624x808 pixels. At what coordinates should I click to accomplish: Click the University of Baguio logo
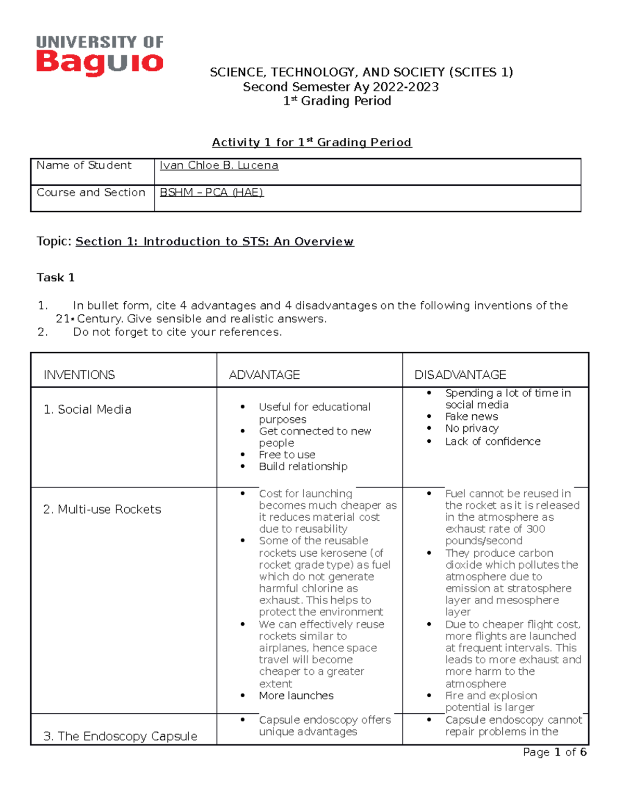[x=99, y=55]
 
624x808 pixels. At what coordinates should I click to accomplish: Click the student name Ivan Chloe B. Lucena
[x=218, y=165]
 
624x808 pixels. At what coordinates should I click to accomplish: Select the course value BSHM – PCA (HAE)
[x=211, y=193]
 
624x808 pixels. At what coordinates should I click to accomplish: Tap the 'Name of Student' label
[x=84, y=165]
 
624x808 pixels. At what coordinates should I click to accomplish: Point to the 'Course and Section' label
[x=90, y=193]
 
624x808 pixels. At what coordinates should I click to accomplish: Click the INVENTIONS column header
[x=79, y=375]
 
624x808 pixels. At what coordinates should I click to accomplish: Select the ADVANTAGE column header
[x=264, y=375]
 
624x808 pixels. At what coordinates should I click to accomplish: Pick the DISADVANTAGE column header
[x=460, y=375]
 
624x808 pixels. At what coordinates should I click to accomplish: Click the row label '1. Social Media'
[x=87, y=409]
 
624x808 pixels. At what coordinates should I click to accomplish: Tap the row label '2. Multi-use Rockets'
[x=102, y=509]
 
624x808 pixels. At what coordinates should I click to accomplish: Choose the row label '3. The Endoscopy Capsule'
[x=120, y=736]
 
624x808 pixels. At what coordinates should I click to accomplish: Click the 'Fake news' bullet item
[x=471, y=417]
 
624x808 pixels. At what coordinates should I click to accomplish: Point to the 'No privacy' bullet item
[x=472, y=429]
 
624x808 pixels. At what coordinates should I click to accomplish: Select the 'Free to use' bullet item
[x=287, y=455]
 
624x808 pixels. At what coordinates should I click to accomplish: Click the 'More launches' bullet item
[x=296, y=696]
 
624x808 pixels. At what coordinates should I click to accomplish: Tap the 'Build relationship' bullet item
[x=303, y=467]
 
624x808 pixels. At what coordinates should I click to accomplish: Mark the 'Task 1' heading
[x=56, y=278]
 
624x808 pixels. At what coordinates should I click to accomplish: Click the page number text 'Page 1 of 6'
[x=554, y=752]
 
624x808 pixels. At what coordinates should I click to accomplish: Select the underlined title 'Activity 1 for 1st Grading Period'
[x=311, y=143]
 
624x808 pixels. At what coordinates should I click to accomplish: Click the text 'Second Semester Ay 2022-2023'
[x=341, y=87]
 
